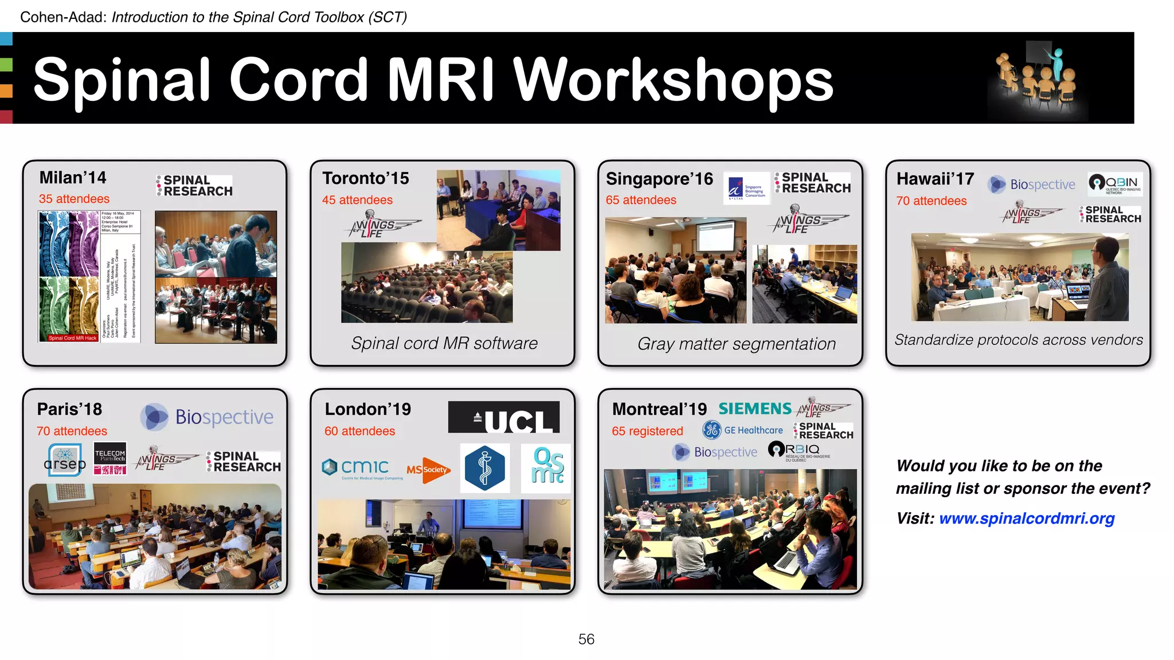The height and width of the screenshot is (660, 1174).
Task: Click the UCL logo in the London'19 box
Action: click(x=503, y=417)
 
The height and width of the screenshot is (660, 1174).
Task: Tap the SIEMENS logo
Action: click(x=755, y=408)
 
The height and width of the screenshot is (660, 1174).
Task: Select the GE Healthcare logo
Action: click(x=743, y=430)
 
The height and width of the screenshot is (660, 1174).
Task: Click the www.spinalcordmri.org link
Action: click(x=1027, y=518)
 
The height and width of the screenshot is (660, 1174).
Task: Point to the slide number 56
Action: click(x=586, y=639)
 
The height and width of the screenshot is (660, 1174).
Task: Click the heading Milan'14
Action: click(x=73, y=178)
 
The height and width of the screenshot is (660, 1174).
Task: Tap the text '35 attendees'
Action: click(x=74, y=199)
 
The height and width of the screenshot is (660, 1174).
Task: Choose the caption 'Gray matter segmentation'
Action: click(x=737, y=344)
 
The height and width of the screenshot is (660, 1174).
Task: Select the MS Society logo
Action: click(x=428, y=470)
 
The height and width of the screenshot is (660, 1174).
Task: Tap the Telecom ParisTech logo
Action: click(x=110, y=458)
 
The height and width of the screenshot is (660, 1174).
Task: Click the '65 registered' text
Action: click(x=647, y=431)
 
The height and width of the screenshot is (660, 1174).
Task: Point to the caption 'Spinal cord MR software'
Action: click(x=444, y=343)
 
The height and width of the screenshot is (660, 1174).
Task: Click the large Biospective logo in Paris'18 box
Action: click(x=208, y=417)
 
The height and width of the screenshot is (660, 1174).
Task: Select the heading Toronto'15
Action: click(x=366, y=178)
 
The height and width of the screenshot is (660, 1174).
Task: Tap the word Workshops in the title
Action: click(x=673, y=80)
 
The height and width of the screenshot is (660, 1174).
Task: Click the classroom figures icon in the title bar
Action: click(x=1036, y=79)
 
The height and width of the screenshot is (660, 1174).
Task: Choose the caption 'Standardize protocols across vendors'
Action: click(x=1019, y=340)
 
